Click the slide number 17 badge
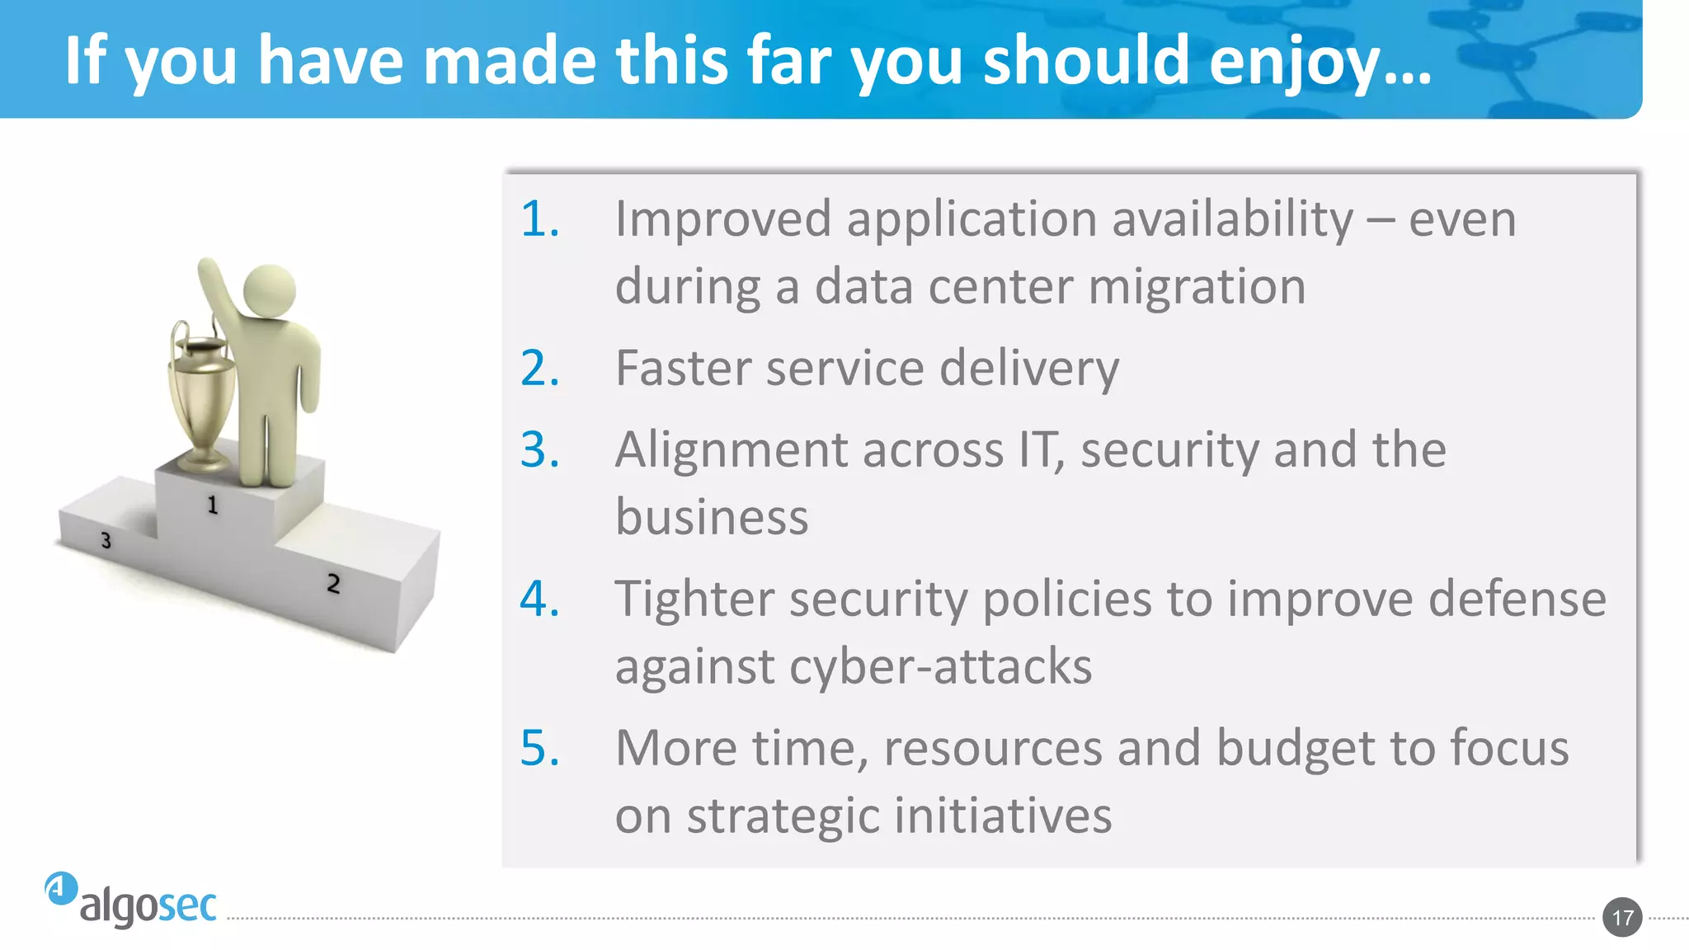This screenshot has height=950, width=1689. coord(1622,917)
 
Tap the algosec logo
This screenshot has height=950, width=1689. coord(132,901)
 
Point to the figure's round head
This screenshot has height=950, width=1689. coord(270,289)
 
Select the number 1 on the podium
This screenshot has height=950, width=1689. coord(212,505)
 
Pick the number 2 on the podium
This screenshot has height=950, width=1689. coord(333,584)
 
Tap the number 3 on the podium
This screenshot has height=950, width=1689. coord(106,541)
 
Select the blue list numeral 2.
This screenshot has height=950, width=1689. coord(539,368)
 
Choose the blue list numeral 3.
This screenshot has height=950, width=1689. coord(539,450)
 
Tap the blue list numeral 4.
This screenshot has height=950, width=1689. coord(539,599)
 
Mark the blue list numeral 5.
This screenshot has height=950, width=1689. coord(539,748)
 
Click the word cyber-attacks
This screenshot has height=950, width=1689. coord(940,666)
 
